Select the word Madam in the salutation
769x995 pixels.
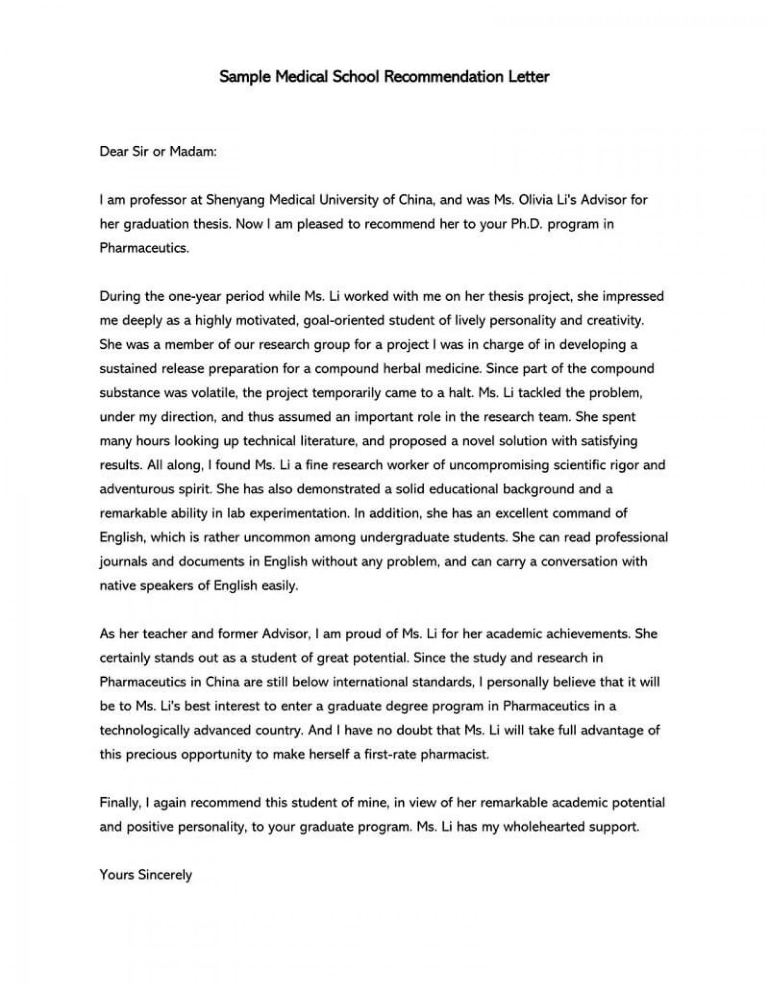(192, 152)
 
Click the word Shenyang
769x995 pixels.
(235, 200)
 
